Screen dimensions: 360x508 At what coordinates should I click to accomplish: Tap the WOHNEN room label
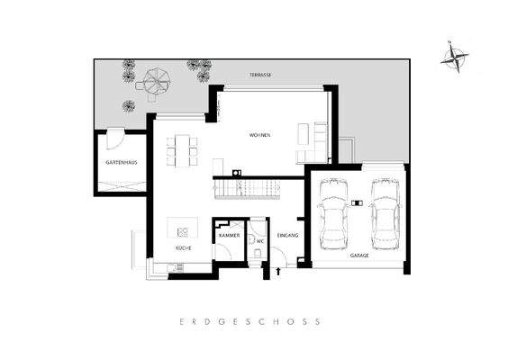pos(260,135)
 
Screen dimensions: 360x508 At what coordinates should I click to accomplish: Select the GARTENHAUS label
pos(121,163)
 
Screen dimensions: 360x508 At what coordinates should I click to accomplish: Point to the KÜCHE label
pos(183,247)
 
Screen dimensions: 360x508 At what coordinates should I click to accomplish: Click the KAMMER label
pos(228,235)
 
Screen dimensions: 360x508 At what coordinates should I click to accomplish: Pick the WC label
pos(259,241)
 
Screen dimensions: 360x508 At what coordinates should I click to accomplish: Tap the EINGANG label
pos(288,235)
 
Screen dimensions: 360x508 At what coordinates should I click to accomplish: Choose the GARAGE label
pos(358,256)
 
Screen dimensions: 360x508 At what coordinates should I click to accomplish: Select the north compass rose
pos(456,58)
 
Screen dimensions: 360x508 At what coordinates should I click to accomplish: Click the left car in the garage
pos(333,212)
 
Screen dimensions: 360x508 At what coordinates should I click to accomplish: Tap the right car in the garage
pos(385,212)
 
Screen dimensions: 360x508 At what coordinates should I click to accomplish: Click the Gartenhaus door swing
pos(114,139)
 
